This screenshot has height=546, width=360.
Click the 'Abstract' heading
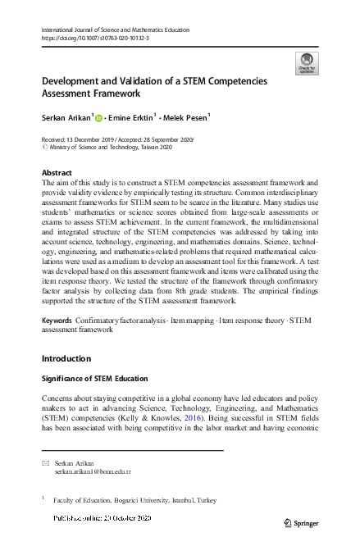pos(57,173)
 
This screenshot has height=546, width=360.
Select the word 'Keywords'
pos(56,318)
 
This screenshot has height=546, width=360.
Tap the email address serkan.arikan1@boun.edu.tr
pos(93,472)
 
